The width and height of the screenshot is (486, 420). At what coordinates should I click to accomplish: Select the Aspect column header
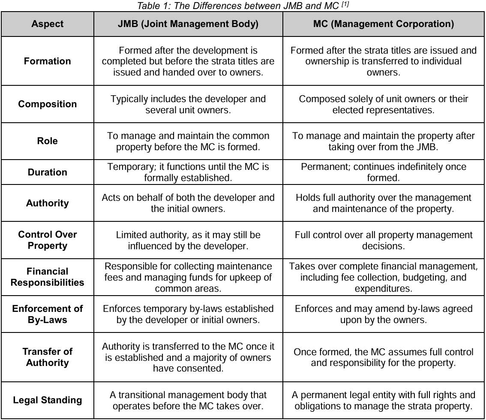[48, 24]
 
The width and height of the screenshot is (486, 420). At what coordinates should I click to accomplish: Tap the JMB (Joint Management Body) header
[188, 24]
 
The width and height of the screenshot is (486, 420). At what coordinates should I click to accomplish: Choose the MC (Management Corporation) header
[384, 24]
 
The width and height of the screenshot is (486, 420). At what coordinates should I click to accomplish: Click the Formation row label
[48, 61]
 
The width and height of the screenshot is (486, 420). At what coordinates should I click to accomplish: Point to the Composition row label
[48, 104]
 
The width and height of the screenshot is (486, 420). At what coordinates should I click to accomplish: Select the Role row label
[48, 141]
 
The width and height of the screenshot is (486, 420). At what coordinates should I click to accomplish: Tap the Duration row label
[48, 172]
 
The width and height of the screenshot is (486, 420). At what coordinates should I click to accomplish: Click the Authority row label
[48, 203]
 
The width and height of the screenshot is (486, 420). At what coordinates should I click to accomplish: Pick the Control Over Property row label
[48, 240]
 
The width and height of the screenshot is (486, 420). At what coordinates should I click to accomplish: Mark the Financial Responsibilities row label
[48, 277]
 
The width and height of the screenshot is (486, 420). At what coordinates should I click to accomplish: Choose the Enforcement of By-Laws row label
[48, 314]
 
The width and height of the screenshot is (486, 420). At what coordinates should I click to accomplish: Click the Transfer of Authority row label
[48, 357]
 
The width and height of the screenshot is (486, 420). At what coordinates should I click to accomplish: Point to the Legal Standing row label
[48, 400]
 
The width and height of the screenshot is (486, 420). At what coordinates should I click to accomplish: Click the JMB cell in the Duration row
[188, 172]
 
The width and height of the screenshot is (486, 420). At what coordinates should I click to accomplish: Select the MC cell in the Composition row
[384, 104]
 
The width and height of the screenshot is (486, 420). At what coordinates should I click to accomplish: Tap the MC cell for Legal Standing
[384, 400]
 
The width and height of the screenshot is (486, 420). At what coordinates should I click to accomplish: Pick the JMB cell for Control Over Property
[188, 240]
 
